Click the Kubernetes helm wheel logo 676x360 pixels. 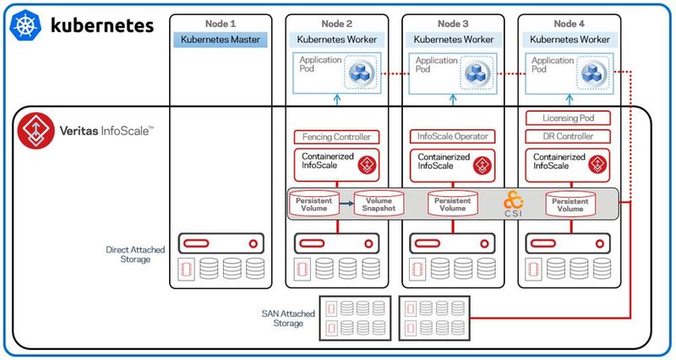25,26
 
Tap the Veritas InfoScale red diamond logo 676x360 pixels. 35,130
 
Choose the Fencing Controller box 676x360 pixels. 336,137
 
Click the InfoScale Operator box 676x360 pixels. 453,137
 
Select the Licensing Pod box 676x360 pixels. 569,118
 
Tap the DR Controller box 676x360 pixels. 569,137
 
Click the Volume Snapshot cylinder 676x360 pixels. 373,203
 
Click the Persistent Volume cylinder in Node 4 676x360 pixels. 569,203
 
